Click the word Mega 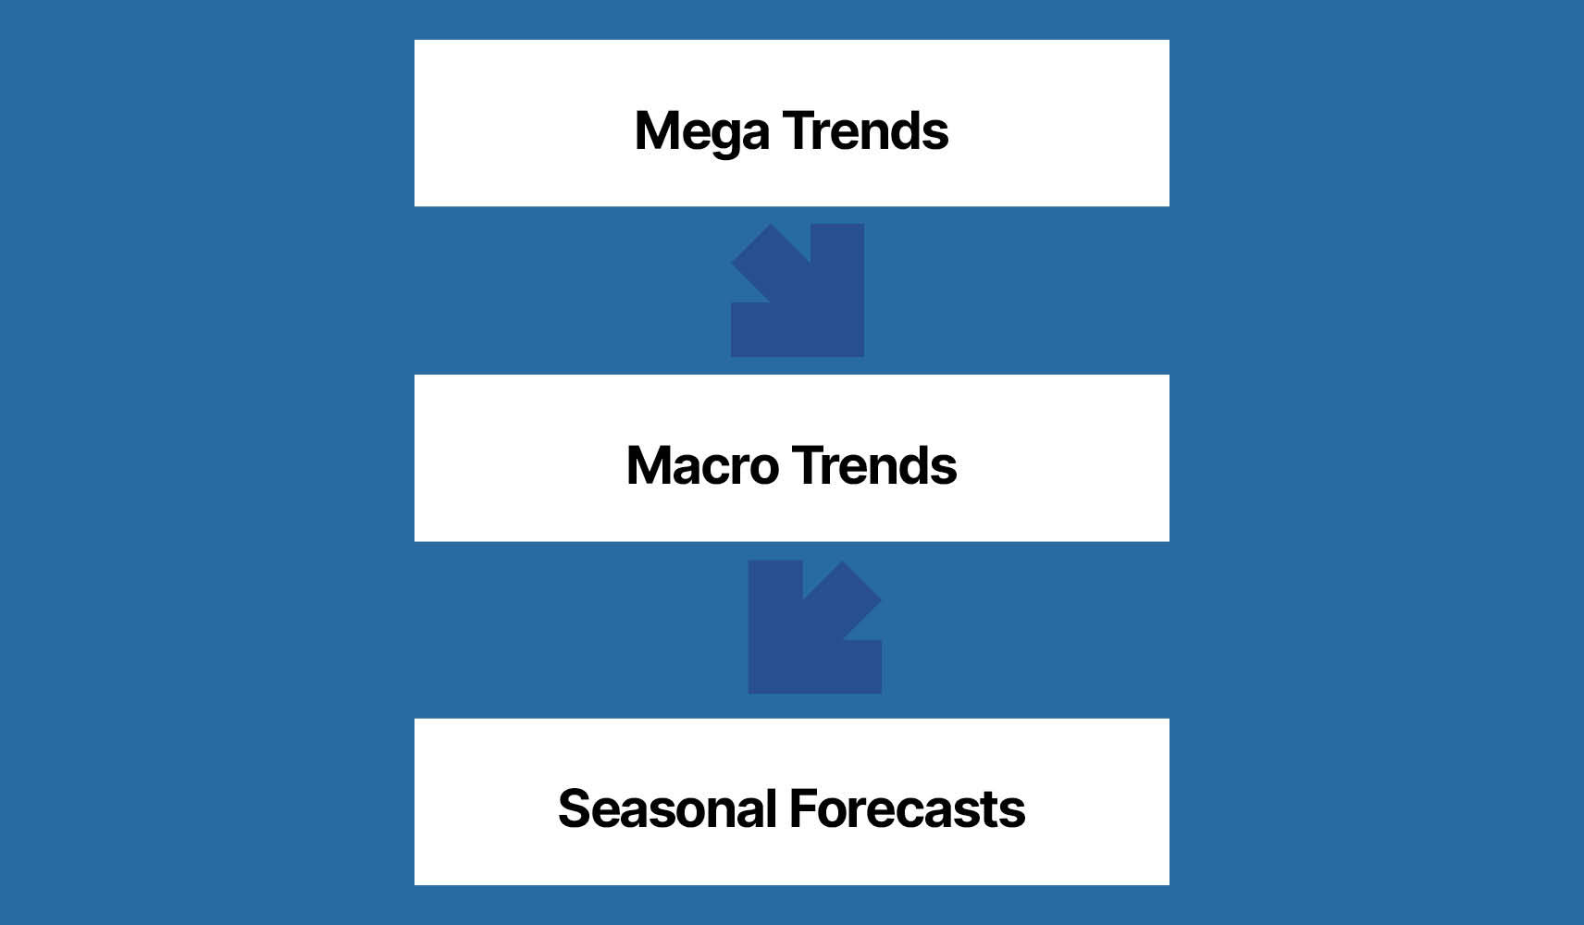(701, 131)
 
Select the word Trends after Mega (865, 131)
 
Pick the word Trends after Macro (874, 466)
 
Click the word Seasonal (667, 809)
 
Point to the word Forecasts (907, 809)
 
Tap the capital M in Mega (657, 131)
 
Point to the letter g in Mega (728, 135)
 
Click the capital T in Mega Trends (798, 131)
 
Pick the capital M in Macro (650, 466)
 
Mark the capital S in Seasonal (575, 809)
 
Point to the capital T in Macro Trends (807, 466)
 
